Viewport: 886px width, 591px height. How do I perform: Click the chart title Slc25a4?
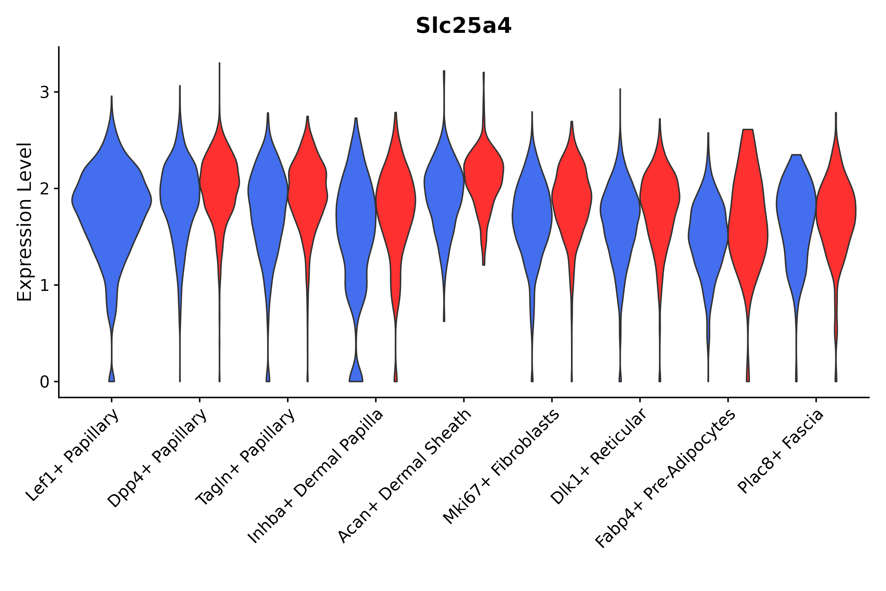click(x=463, y=26)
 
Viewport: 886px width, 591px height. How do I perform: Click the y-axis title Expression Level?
click(x=25, y=222)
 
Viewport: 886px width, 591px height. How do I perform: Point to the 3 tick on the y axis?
click(x=44, y=92)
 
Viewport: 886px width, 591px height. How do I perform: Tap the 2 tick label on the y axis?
click(x=44, y=189)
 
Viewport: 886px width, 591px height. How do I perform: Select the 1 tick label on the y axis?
click(x=44, y=285)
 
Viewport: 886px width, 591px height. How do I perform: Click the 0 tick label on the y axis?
click(x=44, y=382)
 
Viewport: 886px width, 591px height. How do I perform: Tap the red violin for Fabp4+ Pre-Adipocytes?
click(x=748, y=226)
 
